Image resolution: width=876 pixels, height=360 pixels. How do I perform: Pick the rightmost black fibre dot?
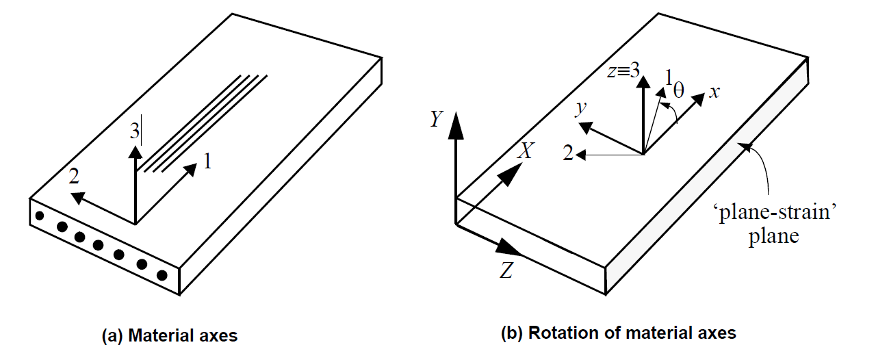pos(162,276)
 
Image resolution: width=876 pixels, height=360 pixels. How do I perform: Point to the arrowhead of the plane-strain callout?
pos(748,145)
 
